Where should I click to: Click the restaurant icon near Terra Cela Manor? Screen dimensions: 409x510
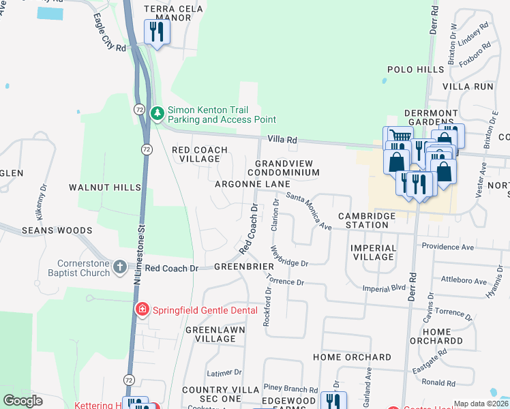[x=157, y=31]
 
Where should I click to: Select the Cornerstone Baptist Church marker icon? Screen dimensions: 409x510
[x=120, y=267]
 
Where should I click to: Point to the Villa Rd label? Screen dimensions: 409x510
[x=282, y=139]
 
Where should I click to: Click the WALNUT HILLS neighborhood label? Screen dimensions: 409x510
[x=104, y=186]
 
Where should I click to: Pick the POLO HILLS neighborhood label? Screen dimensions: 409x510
[x=415, y=70]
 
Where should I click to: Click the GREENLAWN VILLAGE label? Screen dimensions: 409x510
[x=211, y=334]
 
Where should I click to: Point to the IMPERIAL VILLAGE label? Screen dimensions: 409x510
[x=373, y=252]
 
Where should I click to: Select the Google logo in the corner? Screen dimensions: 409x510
[x=23, y=401]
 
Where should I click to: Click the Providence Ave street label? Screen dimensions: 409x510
[x=447, y=245]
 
